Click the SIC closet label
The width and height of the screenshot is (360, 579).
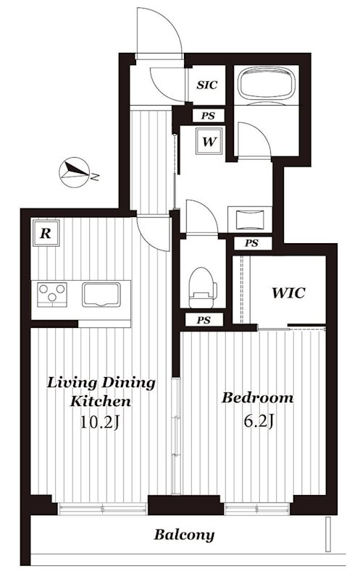pos(207,85)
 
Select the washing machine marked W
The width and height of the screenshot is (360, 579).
pos(209,141)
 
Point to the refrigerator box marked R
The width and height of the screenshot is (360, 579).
pos(46,233)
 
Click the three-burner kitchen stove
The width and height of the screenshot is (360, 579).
pos(52,295)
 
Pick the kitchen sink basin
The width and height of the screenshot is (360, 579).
pos(101,295)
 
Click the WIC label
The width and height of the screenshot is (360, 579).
pos(289,293)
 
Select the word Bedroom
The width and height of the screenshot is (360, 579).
pos(258,397)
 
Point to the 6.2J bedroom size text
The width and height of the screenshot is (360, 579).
pos(259,420)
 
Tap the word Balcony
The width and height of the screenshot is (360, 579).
pos(184,535)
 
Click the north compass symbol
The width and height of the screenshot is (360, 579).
pos(75,172)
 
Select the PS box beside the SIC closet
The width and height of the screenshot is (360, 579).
pos(208,116)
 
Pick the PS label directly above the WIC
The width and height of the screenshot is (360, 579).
pos(251,243)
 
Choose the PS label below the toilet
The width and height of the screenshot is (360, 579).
pos(204,320)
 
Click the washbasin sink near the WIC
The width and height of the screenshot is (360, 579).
pos(250,219)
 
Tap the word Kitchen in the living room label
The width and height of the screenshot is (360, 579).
pos(101,402)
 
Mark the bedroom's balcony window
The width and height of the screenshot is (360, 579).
pos(256,510)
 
